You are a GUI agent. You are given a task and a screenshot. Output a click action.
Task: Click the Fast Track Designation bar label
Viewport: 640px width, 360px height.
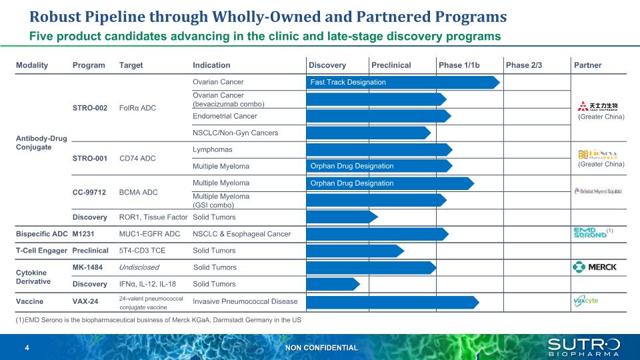point(348,83)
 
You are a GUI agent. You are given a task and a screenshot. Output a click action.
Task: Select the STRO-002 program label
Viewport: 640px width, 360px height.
point(90,108)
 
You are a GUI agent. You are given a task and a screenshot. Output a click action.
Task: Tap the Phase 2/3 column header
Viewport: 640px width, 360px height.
point(524,65)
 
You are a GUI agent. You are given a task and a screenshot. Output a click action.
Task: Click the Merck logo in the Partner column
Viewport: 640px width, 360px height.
point(595,267)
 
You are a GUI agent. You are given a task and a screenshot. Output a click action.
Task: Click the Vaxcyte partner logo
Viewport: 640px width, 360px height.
point(587,301)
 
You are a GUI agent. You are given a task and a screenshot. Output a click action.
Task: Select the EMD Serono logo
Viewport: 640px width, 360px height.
point(591,233)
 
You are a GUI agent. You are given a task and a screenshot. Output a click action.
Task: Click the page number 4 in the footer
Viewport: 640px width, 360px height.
point(27,348)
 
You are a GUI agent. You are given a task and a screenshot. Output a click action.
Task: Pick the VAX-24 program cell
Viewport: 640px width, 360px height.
point(85,302)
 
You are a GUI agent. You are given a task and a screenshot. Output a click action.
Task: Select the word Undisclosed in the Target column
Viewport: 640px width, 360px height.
point(139,267)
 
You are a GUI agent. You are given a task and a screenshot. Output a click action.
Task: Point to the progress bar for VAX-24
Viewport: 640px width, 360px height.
point(392,302)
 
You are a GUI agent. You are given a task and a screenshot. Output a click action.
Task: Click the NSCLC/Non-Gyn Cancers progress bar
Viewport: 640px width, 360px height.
point(368,133)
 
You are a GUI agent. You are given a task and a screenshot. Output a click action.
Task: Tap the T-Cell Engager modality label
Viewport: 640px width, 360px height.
point(41,251)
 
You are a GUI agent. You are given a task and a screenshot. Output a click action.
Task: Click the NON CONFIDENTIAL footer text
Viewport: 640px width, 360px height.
point(321,348)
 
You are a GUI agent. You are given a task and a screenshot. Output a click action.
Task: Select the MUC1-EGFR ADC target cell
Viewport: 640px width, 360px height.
point(149,234)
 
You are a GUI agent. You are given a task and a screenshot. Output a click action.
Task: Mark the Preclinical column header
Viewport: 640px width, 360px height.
point(391,65)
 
